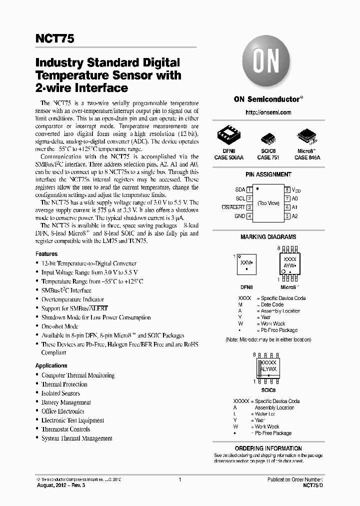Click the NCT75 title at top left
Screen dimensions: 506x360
(55, 39)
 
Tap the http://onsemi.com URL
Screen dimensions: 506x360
(268, 112)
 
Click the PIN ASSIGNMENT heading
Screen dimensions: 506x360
(268, 174)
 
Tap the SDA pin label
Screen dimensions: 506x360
(240, 190)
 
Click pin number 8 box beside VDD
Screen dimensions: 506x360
(287, 190)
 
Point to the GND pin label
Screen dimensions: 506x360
(240, 216)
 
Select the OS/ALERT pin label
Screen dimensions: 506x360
(233, 207)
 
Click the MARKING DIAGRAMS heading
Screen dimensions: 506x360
(268, 237)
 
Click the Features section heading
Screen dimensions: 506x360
(46, 254)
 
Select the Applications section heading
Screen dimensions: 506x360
(51, 365)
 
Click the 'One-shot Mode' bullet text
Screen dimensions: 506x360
(60, 326)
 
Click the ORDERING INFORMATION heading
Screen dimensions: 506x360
(268, 448)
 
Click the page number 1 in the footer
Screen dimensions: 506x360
(179, 479)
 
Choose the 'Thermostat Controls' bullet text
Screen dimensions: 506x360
(65, 429)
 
